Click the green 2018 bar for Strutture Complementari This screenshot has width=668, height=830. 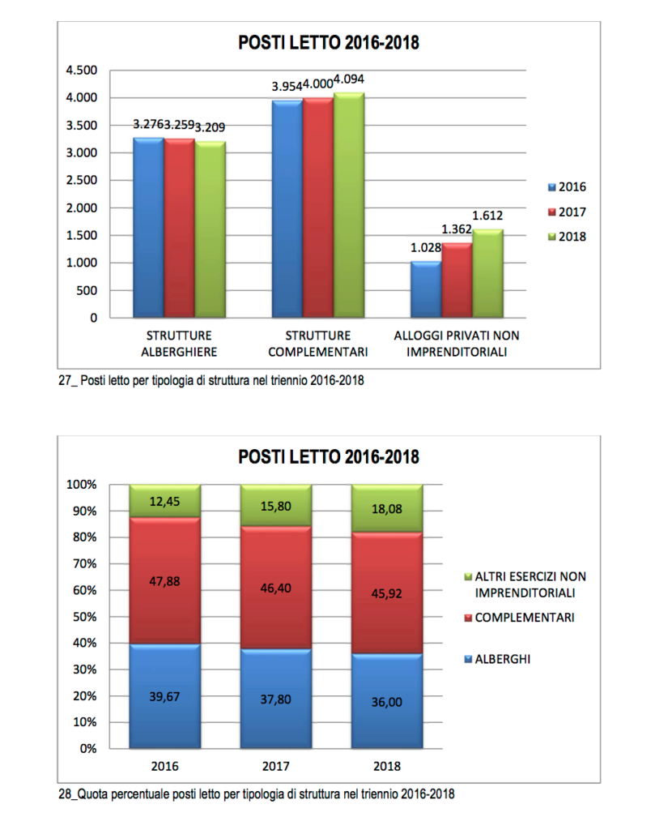349,206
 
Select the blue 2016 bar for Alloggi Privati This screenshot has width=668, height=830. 425,289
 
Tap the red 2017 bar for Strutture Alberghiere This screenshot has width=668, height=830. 179,229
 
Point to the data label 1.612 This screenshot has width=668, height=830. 487,215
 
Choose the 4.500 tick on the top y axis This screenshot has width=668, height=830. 81,71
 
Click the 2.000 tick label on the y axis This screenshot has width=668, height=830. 81,208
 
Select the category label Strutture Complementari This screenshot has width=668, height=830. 318,344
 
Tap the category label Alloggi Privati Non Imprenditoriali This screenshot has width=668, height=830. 456,344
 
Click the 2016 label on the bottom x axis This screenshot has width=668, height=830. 165,765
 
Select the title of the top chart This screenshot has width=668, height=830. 329,43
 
